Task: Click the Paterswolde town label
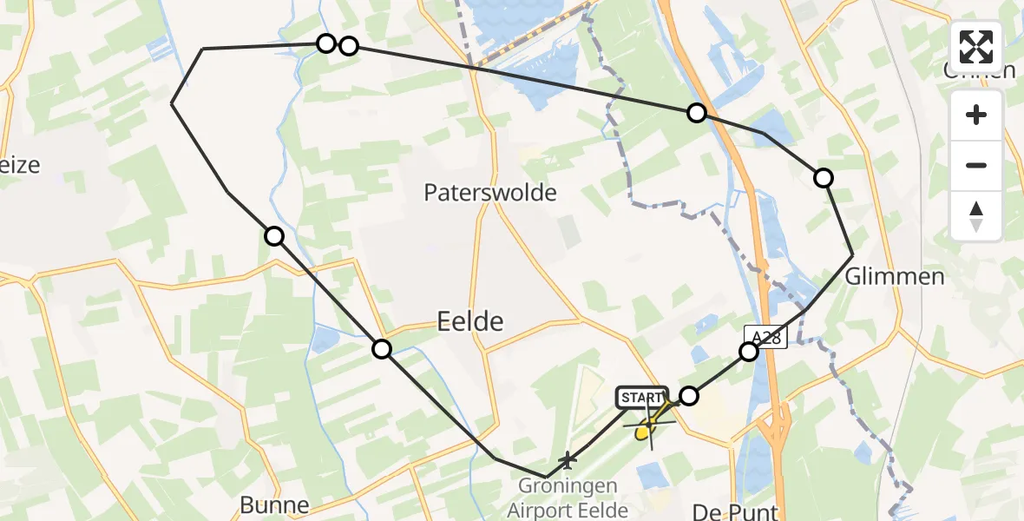[490, 193]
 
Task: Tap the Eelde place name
[469, 322]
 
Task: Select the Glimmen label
[895, 277]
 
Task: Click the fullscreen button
[976, 47]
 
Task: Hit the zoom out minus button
[976, 165]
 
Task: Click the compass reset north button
[976, 216]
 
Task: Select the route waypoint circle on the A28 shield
[748, 352]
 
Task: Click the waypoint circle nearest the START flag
[688, 396]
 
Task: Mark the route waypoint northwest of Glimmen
[823, 178]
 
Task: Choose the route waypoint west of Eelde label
[382, 349]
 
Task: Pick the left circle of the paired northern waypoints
[325, 43]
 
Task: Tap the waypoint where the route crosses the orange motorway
[696, 112]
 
